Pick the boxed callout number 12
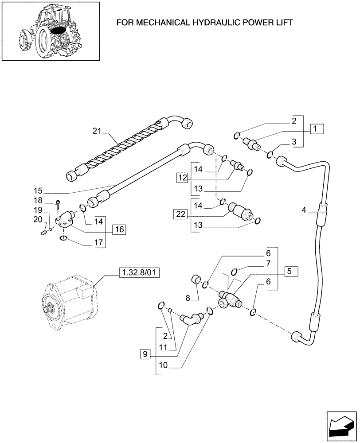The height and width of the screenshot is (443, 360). point(182,178)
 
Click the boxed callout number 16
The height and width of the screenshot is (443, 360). point(118,229)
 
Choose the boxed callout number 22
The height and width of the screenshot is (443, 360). point(179,214)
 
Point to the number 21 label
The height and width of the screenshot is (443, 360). point(97,131)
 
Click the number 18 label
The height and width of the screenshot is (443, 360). point(39,201)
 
